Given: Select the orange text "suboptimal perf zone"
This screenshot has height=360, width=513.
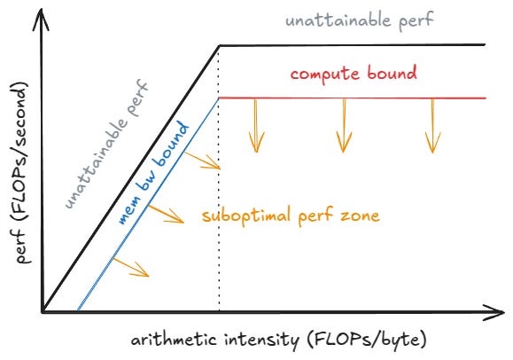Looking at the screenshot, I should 291,215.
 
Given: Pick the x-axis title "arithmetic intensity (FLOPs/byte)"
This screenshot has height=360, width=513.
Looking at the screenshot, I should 265,340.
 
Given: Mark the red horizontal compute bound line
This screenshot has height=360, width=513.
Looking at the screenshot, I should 354,98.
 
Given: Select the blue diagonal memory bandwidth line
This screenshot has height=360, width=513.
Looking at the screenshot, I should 142,213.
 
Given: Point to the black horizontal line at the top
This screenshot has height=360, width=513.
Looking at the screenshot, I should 354,44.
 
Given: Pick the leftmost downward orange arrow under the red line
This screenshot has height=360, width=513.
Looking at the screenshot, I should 256,124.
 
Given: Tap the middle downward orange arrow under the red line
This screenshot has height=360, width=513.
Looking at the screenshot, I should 343,124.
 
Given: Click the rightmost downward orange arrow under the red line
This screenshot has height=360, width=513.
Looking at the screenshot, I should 432,124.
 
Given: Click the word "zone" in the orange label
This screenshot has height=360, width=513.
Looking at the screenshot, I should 361,215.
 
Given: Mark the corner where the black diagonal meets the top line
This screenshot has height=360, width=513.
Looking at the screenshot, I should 219,45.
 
